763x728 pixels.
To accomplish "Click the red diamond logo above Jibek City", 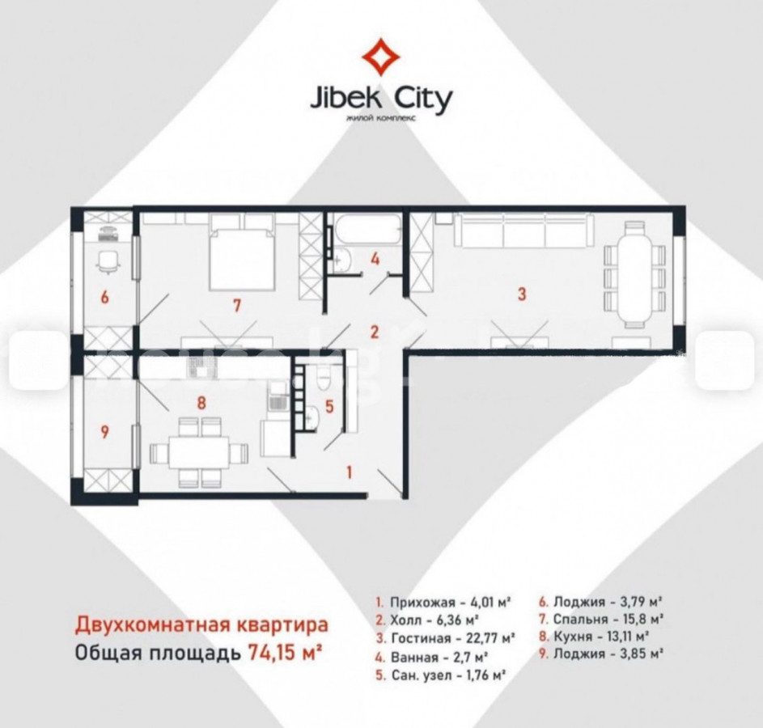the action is pyautogui.click(x=380, y=57).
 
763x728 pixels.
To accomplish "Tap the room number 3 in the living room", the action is pyautogui.click(x=522, y=294).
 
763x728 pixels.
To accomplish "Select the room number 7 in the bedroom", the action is pyautogui.click(x=236, y=306).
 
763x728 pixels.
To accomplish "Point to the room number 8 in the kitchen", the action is pyautogui.click(x=201, y=402).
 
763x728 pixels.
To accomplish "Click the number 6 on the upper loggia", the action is pyautogui.click(x=104, y=297).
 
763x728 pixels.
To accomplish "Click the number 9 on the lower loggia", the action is pyautogui.click(x=104, y=432).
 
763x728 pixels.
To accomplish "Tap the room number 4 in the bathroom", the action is pyautogui.click(x=374, y=259).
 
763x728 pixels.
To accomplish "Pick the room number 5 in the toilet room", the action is pyautogui.click(x=329, y=407).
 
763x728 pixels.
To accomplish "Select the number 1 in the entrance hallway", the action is pyautogui.click(x=349, y=472).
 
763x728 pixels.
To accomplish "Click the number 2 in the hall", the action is pyautogui.click(x=374, y=332).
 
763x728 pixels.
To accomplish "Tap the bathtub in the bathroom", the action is pyautogui.click(x=367, y=229).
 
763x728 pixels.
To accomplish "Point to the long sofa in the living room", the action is pyautogui.click(x=524, y=230).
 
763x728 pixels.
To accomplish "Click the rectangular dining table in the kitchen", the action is pyautogui.click(x=200, y=453).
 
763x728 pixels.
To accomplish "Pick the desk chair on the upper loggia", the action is pyautogui.click(x=108, y=262).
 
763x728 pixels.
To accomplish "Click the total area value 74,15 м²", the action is pyautogui.click(x=285, y=652).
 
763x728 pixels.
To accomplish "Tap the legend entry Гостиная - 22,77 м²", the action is pyautogui.click(x=445, y=637).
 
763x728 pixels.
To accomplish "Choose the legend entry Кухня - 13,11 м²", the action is pyautogui.click(x=596, y=636).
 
